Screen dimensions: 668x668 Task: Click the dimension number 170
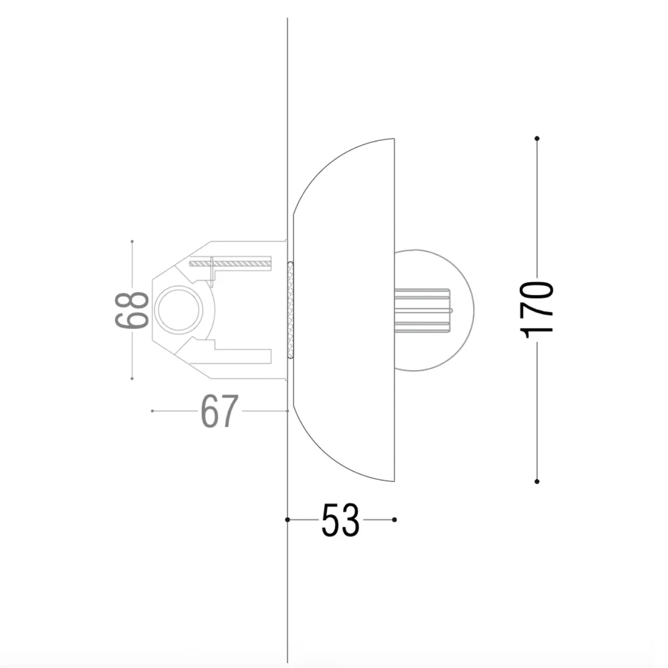click(536, 310)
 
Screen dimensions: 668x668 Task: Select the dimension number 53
click(341, 519)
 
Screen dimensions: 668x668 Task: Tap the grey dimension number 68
click(132, 310)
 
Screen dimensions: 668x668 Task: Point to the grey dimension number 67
click(220, 411)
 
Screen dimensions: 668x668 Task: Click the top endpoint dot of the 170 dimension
click(537, 139)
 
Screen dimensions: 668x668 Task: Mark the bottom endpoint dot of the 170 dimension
click(537, 482)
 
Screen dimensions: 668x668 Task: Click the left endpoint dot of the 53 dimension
click(287, 519)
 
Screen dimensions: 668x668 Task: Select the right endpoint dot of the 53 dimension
click(394, 519)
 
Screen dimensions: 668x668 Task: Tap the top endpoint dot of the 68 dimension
click(132, 241)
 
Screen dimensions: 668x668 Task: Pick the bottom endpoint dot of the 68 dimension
click(132, 379)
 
